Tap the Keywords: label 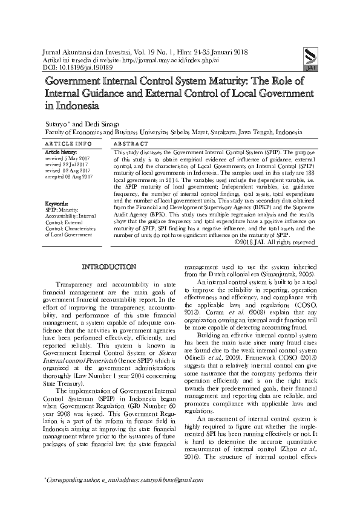58,204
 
